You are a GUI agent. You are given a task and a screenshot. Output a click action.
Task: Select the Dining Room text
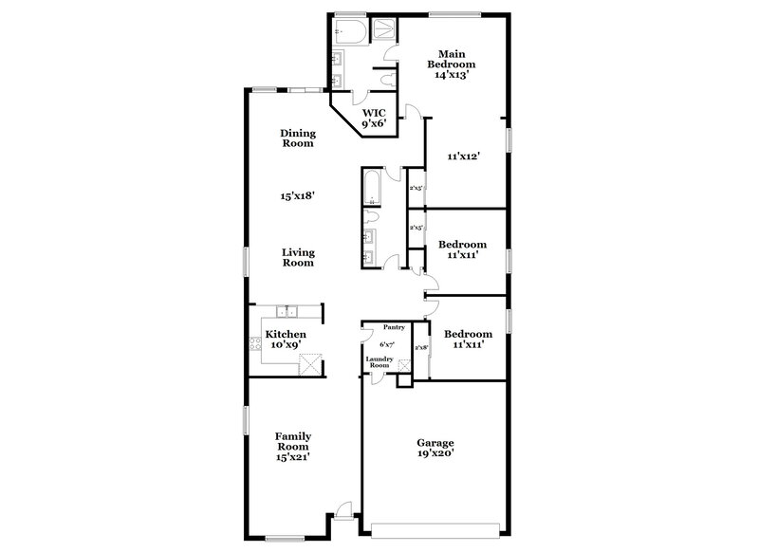[297, 138]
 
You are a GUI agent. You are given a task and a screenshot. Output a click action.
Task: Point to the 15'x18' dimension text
[297, 196]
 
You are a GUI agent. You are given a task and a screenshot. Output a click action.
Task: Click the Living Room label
[298, 258]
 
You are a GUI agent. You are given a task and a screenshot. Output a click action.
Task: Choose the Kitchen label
[285, 340]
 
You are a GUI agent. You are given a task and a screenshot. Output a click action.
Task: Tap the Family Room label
[293, 446]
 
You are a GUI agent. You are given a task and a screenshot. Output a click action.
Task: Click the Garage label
[435, 448]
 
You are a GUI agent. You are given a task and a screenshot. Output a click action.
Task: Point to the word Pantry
[394, 327]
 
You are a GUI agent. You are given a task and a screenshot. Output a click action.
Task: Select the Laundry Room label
[379, 362]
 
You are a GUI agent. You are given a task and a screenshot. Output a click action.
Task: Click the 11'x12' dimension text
[463, 156]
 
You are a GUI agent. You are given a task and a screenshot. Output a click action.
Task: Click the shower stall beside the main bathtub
[384, 29]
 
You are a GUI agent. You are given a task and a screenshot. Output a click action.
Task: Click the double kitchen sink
[287, 312]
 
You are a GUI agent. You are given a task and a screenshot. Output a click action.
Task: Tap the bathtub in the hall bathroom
[372, 187]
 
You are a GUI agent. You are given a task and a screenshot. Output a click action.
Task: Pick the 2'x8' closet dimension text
[421, 348]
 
